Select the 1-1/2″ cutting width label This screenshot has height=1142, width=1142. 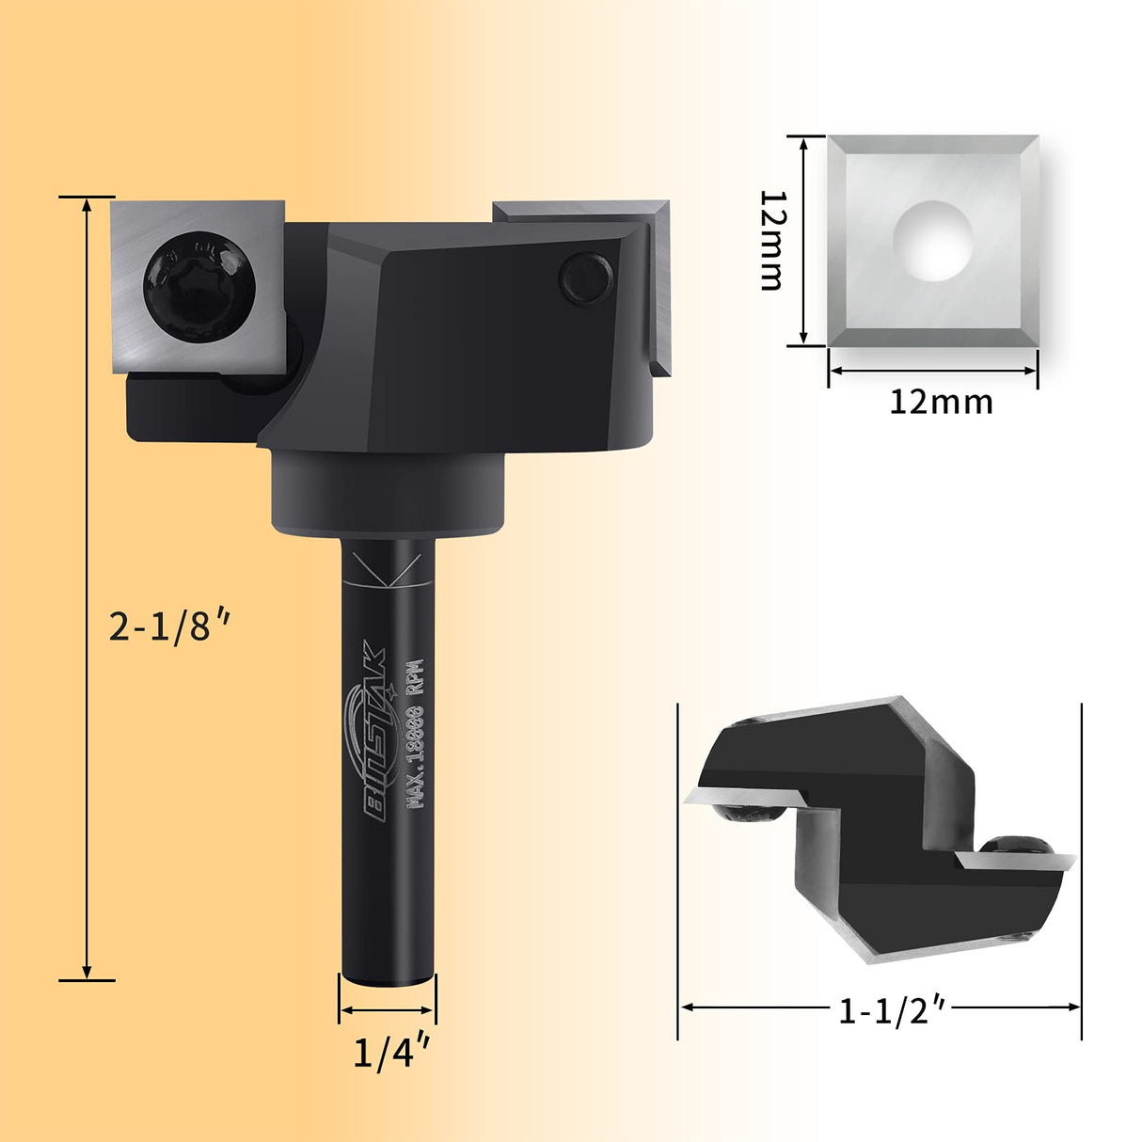pos(891,1010)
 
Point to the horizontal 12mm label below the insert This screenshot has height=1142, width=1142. pos(941,403)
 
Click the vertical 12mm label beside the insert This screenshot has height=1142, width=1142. pos(772,240)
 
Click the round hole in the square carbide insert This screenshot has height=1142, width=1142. pos(932,240)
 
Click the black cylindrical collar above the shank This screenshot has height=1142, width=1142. pos(389,491)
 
